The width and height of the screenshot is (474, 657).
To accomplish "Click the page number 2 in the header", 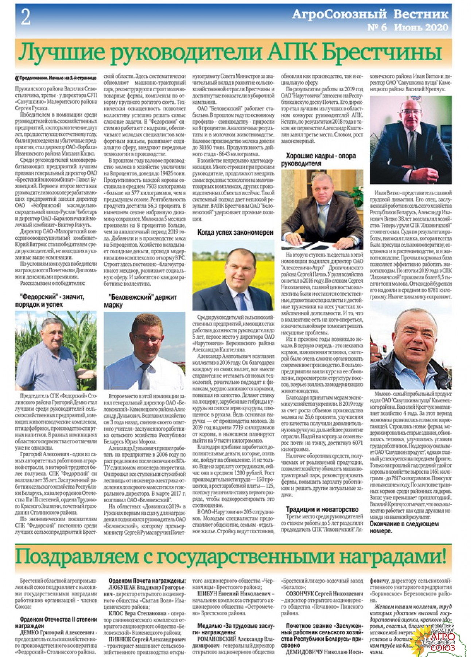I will [26, 17].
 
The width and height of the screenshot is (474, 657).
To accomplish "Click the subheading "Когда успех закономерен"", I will [235, 233].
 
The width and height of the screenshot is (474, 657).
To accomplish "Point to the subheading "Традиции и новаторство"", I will [322, 510].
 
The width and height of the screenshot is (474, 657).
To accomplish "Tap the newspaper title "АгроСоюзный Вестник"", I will [370, 15].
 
